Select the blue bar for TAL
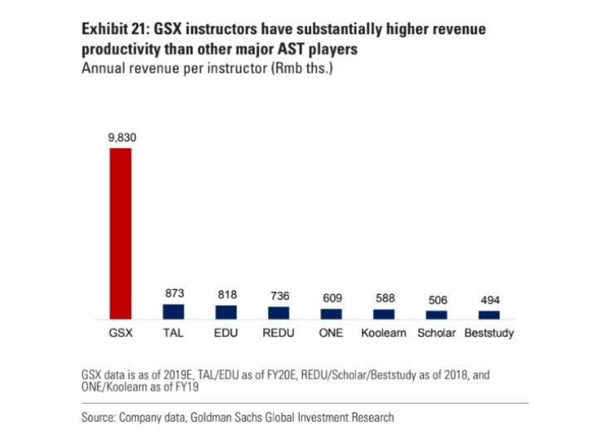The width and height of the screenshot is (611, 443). tap(174, 311)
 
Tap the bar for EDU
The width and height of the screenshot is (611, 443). tap(226, 312)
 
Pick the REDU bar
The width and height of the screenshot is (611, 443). tap(279, 313)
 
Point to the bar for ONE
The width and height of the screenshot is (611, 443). tap(332, 314)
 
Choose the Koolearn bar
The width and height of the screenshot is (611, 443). tap(384, 314)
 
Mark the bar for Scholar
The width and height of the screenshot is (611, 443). tap(437, 314)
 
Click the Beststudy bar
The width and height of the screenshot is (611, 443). tap(489, 314)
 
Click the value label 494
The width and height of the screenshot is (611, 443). tap(489, 300)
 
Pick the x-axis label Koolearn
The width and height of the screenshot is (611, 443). tap(384, 334)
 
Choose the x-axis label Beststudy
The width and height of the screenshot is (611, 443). tap(489, 334)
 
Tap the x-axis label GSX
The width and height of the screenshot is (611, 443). tap(121, 334)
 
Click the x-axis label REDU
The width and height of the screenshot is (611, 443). tap(279, 334)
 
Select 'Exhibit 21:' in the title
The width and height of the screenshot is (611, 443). tap(115, 29)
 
